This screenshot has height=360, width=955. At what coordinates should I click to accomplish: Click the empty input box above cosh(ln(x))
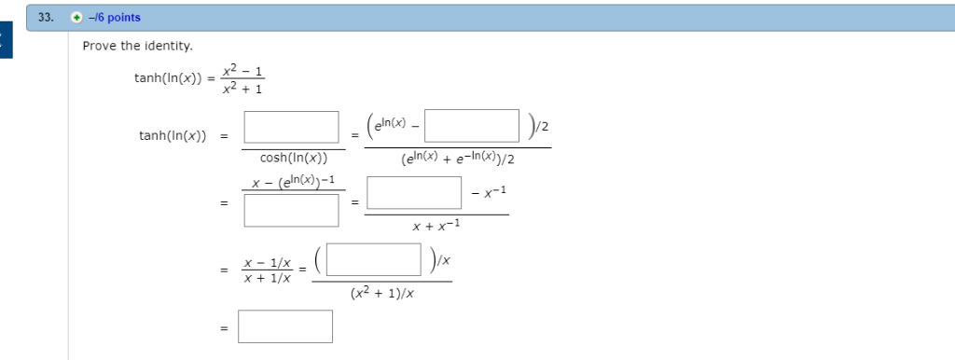[x=291, y=127]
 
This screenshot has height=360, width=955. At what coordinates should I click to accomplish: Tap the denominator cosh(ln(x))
[x=291, y=159]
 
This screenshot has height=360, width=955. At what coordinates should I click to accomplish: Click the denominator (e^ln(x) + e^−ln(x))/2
[x=458, y=159]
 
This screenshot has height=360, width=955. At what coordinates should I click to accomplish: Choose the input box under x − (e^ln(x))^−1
[x=291, y=209]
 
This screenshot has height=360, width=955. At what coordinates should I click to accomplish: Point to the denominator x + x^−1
[x=436, y=225]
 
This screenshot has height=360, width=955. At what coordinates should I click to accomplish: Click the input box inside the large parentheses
[x=373, y=260]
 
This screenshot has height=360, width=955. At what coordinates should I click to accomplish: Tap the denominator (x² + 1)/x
[x=382, y=293]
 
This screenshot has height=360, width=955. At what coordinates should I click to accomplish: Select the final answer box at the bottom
[x=284, y=326]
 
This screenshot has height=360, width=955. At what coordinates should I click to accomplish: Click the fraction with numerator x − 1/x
[x=266, y=270]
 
